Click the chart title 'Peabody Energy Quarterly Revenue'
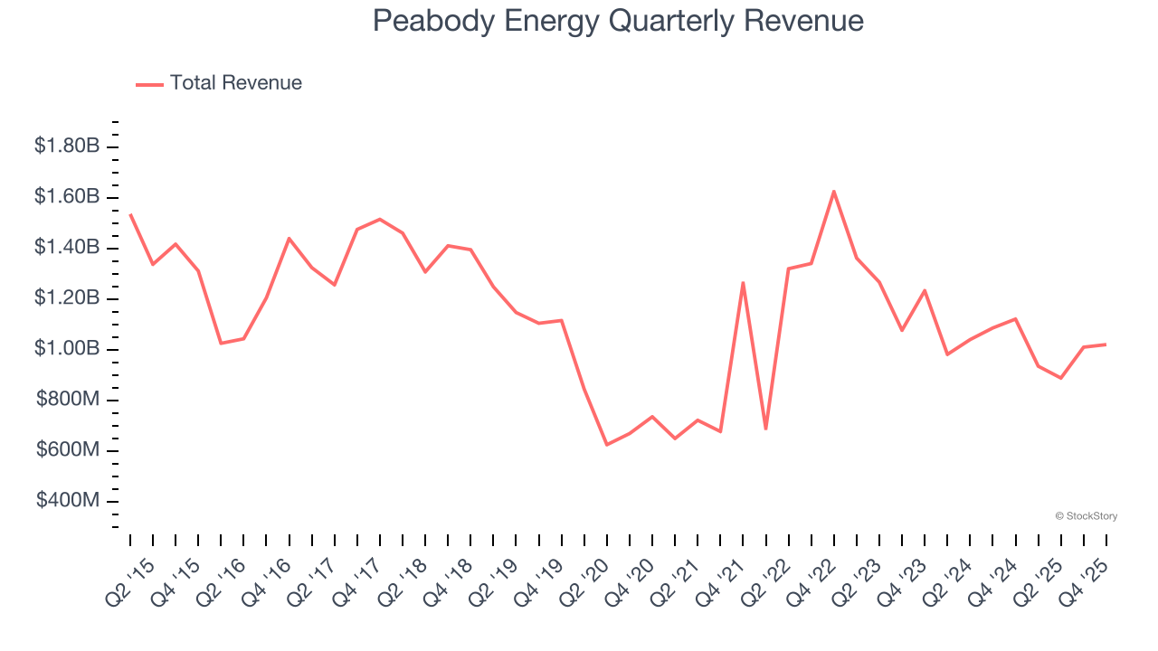point(618,21)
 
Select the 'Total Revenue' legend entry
point(219,83)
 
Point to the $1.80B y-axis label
point(67,146)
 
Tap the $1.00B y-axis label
point(67,350)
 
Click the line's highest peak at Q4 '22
point(833,192)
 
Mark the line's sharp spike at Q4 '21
point(743,283)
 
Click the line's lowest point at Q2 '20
point(606,445)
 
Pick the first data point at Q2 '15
point(130,214)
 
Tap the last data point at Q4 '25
point(1106,344)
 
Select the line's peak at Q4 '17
point(380,219)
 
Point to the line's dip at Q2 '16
point(221,344)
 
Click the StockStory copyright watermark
point(1086,516)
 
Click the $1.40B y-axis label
point(67,249)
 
